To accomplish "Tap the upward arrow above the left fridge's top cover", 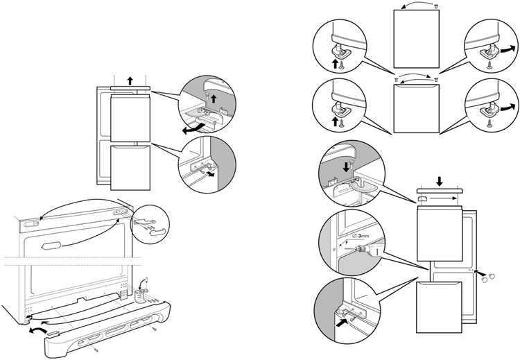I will point(130,80).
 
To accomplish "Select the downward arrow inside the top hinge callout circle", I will point(347,167).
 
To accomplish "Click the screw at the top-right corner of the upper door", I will point(435,6).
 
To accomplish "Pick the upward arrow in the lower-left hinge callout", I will point(337,119).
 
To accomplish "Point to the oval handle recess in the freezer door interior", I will point(52,246).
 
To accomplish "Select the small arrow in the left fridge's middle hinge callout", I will point(209,174).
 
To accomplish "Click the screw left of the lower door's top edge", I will point(395,81).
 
